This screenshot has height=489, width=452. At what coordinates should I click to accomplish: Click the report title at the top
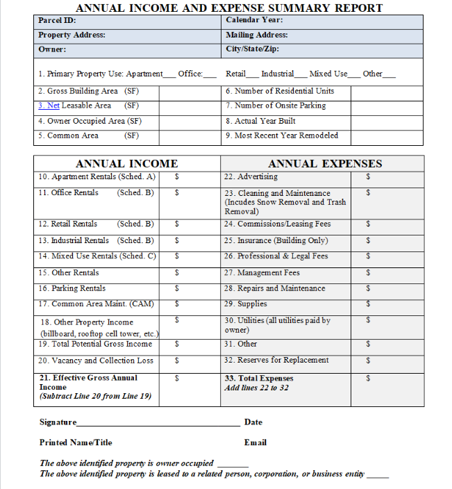(229, 8)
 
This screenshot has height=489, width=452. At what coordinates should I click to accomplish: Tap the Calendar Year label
(253, 20)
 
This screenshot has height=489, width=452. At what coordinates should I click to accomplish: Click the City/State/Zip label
(252, 49)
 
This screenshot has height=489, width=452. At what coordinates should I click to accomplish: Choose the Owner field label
(52, 49)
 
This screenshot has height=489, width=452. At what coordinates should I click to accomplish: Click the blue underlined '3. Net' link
(49, 106)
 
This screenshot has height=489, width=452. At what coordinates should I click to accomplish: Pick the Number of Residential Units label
(279, 91)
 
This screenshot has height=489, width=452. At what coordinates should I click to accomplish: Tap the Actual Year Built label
(260, 121)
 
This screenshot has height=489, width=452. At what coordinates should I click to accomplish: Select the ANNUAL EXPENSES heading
(325, 164)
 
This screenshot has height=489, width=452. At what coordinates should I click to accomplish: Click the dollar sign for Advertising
(368, 177)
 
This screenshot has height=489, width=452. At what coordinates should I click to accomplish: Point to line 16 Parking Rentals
(72, 288)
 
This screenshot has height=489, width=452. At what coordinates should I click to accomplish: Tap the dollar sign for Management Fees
(368, 273)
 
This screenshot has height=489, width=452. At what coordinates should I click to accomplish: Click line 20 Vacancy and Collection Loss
(96, 360)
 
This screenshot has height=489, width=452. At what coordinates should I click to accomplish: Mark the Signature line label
(58, 422)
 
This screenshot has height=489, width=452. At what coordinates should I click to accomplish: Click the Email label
(255, 442)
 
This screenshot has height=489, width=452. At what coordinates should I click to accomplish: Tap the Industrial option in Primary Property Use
(277, 74)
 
